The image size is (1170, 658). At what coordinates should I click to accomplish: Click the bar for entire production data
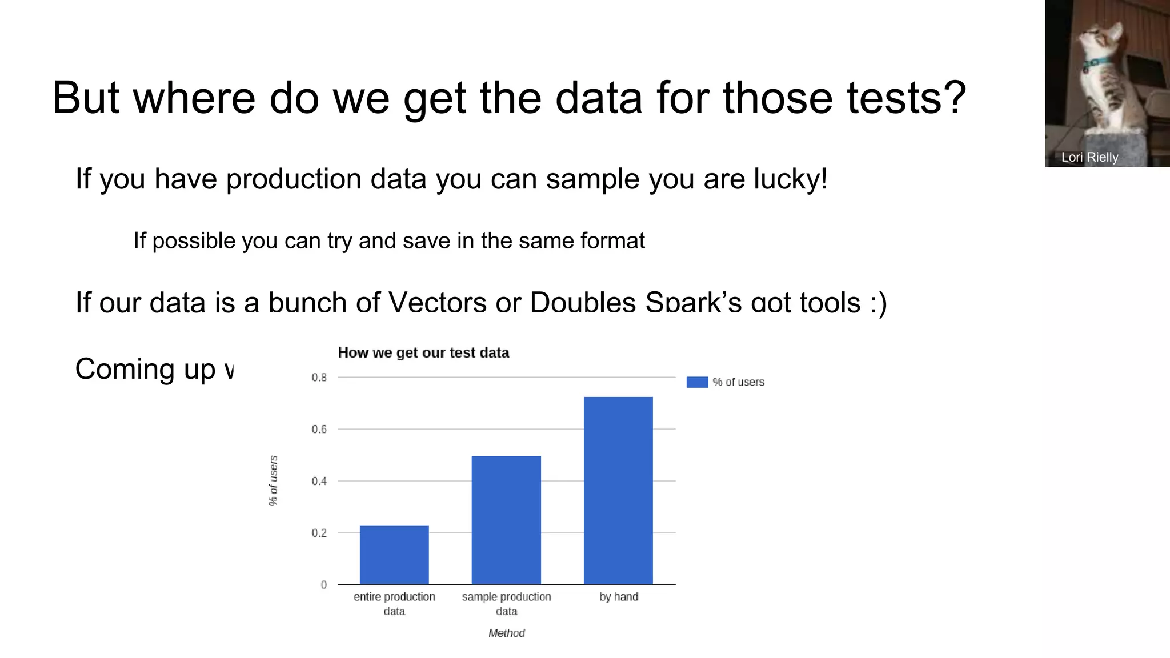click(x=394, y=555)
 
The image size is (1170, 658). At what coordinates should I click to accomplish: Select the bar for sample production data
click(x=506, y=520)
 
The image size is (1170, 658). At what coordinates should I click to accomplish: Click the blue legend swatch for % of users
click(x=697, y=382)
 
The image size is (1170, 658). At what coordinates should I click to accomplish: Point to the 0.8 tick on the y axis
click(x=319, y=378)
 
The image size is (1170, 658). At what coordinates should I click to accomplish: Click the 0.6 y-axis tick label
click(x=319, y=430)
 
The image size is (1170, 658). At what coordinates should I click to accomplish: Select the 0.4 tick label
click(x=319, y=482)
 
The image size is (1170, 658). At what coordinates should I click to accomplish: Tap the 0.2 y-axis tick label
click(x=319, y=533)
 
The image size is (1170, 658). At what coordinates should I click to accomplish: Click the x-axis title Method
click(x=506, y=633)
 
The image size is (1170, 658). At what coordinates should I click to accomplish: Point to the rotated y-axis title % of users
click(x=274, y=480)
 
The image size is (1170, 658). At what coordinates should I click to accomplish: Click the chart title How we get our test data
click(x=423, y=352)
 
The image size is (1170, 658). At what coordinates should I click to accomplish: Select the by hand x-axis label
click(x=619, y=597)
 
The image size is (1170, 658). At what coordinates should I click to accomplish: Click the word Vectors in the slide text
click(x=437, y=302)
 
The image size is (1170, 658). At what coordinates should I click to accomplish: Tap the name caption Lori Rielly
click(x=1089, y=157)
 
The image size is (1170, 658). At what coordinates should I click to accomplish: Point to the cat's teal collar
click(x=1097, y=63)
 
